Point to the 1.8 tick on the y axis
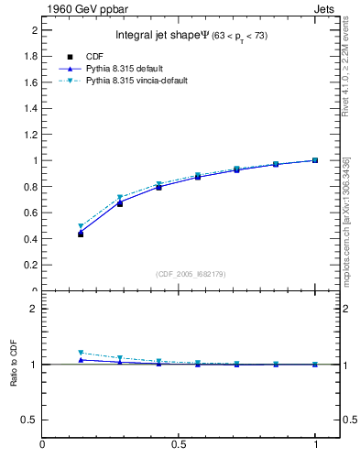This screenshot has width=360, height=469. pos(28,56)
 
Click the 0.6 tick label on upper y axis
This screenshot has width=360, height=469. pos(28,213)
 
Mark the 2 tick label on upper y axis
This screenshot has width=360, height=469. pos(33,30)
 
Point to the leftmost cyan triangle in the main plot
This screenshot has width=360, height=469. pos(81,226)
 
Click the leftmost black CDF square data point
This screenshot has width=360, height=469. pos(81,234)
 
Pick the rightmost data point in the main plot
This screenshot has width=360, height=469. pos(314,160)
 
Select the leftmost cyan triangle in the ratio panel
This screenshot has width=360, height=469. pos(81,353)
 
